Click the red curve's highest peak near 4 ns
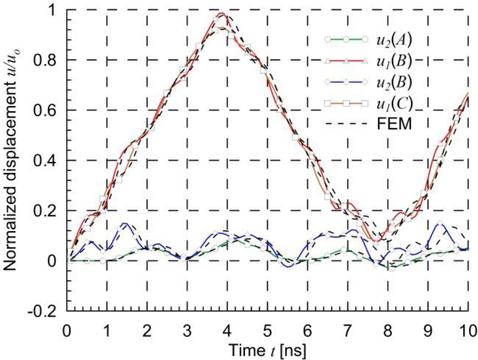(222, 13)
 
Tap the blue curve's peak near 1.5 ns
(124, 223)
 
